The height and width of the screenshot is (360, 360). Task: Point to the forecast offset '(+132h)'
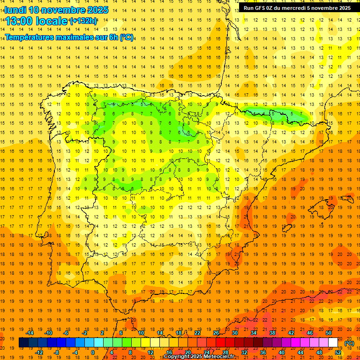(x=83, y=21)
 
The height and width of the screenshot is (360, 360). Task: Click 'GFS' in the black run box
(x=261, y=8)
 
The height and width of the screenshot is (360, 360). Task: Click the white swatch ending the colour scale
(x=333, y=343)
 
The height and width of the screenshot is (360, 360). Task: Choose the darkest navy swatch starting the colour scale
(x=23, y=343)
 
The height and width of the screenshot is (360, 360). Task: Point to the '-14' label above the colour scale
(x=30, y=333)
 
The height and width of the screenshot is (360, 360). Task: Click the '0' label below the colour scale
(x=92, y=352)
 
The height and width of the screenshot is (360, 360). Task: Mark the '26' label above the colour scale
(x=216, y=333)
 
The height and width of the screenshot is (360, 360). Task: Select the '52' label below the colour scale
(x=338, y=352)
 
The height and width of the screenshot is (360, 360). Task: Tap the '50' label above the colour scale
(x=329, y=333)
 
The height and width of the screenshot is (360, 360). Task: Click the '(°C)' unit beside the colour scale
(x=349, y=343)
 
